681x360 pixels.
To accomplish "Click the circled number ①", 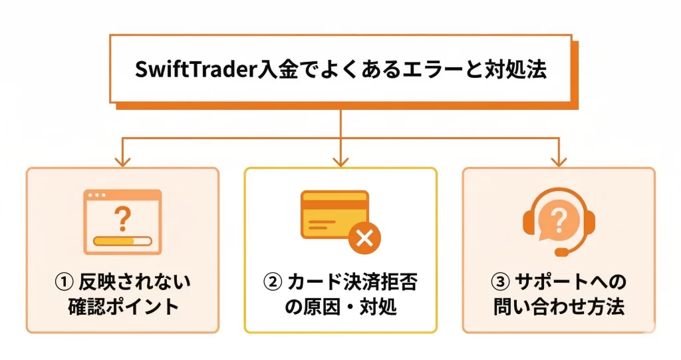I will [x=65, y=283].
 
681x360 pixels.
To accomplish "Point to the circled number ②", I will [x=271, y=283].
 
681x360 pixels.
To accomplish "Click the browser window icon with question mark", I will [x=122, y=222].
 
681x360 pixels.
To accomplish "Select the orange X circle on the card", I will [x=364, y=237].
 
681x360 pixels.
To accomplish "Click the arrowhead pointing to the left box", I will [x=122, y=161].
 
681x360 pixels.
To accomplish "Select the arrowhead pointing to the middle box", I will [x=340, y=161].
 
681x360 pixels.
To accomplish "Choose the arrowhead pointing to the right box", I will [x=559, y=161].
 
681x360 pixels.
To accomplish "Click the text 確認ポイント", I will [x=123, y=307].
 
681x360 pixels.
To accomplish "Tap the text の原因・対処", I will [x=340, y=307].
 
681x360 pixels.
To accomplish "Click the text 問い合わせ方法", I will [x=559, y=307].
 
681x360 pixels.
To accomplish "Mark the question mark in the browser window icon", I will [x=122, y=216].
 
